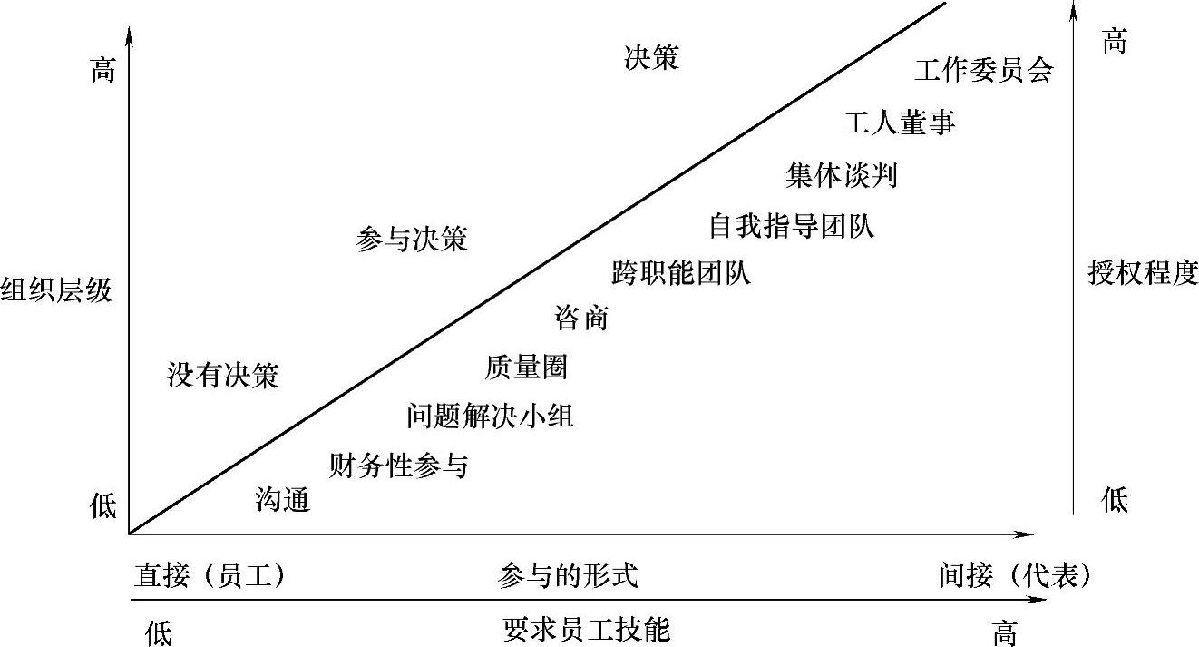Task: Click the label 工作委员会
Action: click(x=983, y=72)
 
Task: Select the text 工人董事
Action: click(x=899, y=123)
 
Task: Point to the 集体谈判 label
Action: click(x=842, y=175)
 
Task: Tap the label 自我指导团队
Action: click(x=791, y=226)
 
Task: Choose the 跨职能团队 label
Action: click(x=681, y=273)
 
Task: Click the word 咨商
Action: click(x=580, y=319)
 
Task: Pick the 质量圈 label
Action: click(x=526, y=367)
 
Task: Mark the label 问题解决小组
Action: click(x=490, y=417)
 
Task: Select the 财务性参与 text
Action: click(x=398, y=466)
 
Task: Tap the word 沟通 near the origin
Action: click(x=283, y=500)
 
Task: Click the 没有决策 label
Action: click(x=223, y=376)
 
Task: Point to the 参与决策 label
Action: click(x=412, y=240)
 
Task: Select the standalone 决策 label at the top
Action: click(x=651, y=58)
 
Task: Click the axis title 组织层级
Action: click(x=56, y=291)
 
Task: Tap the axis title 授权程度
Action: click(x=1143, y=273)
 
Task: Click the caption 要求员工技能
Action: click(x=586, y=630)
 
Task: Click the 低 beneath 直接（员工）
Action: click(x=158, y=632)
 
